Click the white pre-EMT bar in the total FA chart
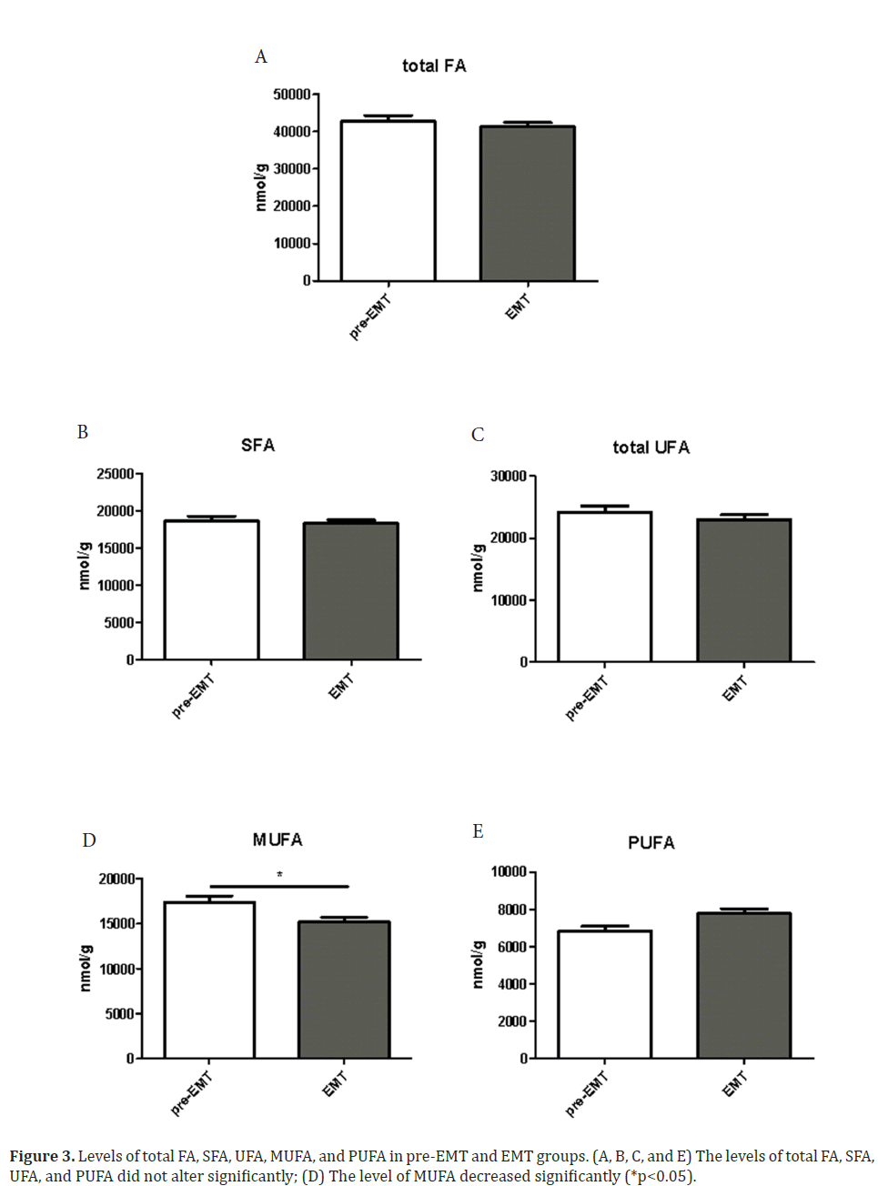tap(388, 201)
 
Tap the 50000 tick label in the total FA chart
tap(292, 95)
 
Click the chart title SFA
tap(257, 445)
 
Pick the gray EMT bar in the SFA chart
tap(350, 591)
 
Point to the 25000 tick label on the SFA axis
tap(116, 474)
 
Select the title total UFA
tap(651, 447)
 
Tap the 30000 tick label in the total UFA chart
tap(509, 477)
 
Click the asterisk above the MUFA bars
tap(279, 875)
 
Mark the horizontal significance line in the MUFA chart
tap(278, 886)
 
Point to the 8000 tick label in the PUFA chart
tap(511, 910)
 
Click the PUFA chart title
tap(651, 843)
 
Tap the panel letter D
tap(89, 839)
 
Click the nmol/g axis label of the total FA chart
tap(261, 187)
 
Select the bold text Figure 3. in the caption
tap(42, 1156)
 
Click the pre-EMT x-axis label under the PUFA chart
tap(587, 1094)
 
